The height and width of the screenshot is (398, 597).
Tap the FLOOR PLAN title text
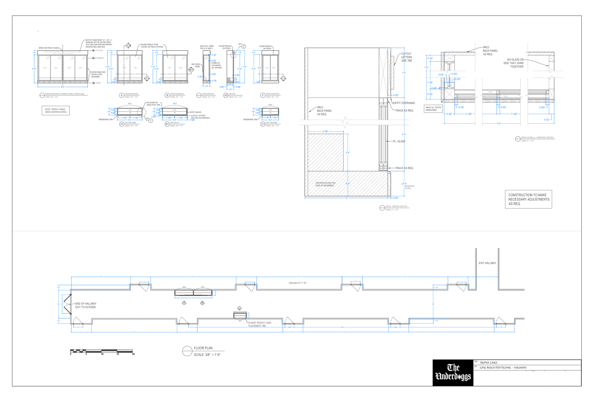203,348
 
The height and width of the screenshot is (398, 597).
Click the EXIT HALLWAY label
487,263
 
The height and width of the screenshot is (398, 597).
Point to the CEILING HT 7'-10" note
297,283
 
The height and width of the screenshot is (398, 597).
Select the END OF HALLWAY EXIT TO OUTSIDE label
85,305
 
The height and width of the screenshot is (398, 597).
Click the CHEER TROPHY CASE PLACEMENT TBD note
259,324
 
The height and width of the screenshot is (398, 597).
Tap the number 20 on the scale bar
133,354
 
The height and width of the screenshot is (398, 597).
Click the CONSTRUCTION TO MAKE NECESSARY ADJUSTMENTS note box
528,199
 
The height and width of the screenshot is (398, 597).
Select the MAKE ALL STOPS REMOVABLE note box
433,109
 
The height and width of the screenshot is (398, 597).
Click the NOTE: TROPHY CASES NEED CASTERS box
56,111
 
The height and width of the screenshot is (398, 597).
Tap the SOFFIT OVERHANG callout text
403,103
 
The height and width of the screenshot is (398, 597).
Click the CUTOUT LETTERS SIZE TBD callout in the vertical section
406,57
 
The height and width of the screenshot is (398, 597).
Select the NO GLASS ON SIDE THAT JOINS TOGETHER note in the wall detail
513,63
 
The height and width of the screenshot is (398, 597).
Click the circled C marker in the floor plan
239,308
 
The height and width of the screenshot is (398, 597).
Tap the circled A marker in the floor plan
184,303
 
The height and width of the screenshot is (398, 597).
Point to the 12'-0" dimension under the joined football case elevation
62,87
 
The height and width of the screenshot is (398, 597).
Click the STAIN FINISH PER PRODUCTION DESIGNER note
98,74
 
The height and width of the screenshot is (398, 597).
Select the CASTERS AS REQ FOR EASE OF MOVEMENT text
325,184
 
